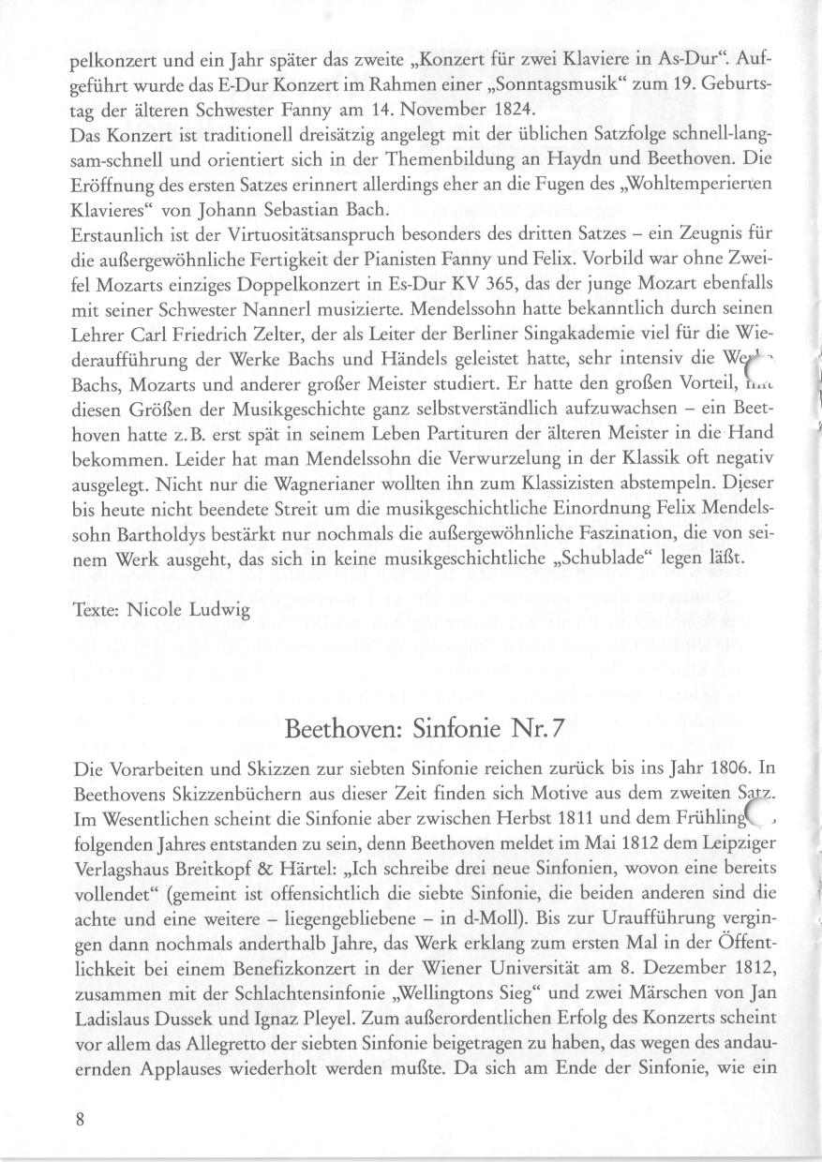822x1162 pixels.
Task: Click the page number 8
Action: [x=81, y=1120]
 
